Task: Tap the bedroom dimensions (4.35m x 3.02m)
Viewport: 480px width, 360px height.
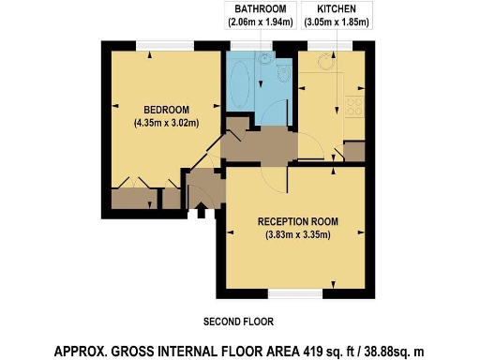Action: pos(166,121)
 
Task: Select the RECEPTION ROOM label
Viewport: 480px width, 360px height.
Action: pos(297,221)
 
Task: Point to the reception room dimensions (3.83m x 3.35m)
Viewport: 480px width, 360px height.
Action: pos(297,234)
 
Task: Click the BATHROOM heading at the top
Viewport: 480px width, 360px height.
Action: pos(260,8)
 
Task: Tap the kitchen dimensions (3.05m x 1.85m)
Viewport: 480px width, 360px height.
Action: pos(336,21)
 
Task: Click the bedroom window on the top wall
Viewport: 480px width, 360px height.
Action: pos(165,45)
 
